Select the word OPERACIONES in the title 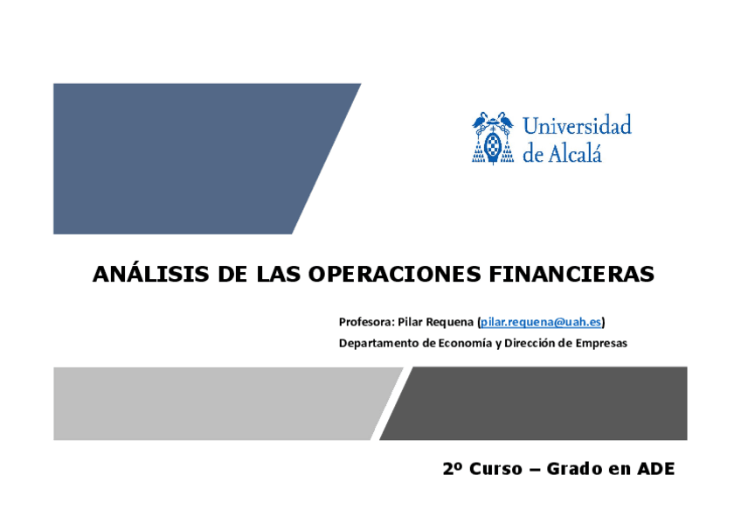(394, 274)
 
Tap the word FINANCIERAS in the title (571, 274)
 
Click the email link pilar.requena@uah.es (541, 322)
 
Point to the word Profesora (365, 322)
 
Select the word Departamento (379, 343)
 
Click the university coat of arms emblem (493, 138)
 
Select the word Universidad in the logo (577, 125)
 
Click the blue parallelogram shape (189, 159)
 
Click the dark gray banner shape (539, 403)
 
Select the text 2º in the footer (453, 469)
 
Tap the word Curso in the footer (496, 469)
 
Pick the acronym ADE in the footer (656, 469)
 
